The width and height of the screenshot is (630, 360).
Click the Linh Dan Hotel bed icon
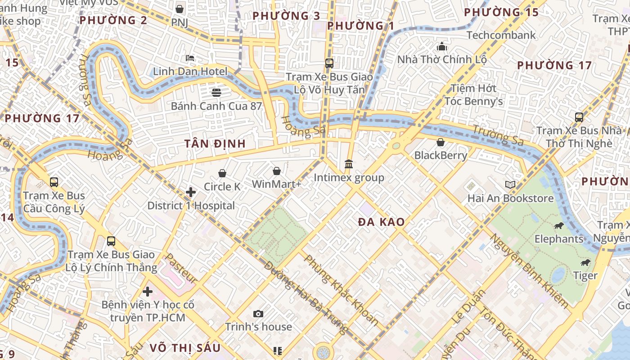[x=190, y=58]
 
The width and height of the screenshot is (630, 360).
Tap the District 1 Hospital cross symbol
[x=191, y=192]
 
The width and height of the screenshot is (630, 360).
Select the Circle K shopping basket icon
[x=222, y=173]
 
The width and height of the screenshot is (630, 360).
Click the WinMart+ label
[x=276, y=184]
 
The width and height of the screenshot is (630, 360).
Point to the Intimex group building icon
[x=349, y=164]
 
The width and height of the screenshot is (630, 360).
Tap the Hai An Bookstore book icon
[x=510, y=184]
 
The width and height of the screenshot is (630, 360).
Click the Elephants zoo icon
[x=559, y=225]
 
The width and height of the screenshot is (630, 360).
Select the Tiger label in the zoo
[x=585, y=275]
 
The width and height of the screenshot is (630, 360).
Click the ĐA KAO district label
[x=382, y=222]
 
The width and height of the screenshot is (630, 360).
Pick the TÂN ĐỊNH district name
[x=215, y=144]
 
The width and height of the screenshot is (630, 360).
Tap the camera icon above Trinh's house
[x=258, y=314]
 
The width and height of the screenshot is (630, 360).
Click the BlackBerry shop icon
[x=441, y=142]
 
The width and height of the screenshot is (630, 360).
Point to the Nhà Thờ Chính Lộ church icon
[x=442, y=46]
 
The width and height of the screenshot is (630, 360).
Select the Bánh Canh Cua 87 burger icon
[x=216, y=93]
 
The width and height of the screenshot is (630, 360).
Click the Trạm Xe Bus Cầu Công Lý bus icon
[x=54, y=182]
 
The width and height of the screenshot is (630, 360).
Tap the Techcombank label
[x=501, y=35]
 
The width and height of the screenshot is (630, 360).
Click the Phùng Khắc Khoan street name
[x=341, y=290]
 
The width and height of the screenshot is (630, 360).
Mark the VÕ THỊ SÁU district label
[x=185, y=347]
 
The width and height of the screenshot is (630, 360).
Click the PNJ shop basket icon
[x=180, y=9]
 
